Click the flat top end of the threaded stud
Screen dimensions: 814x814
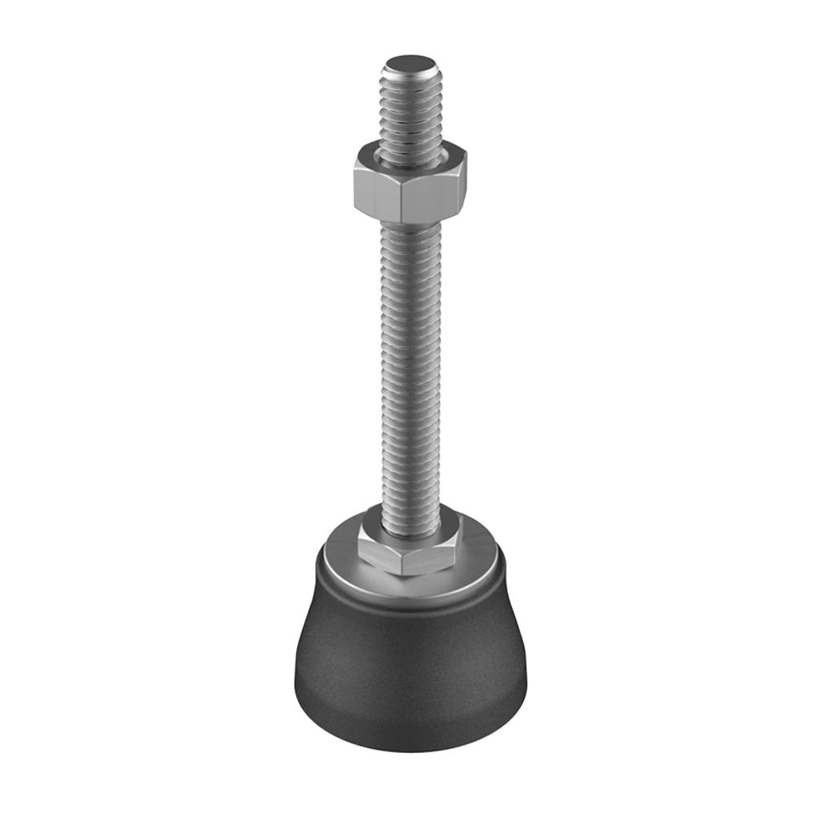[x=410, y=63]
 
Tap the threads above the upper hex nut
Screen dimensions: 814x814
[x=410, y=114]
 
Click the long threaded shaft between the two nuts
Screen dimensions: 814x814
[x=410, y=366]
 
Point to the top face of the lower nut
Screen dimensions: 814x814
[x=370, y=522]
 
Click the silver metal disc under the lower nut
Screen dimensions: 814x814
[x=480, y=562]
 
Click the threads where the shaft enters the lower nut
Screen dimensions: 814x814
[x=411, y=517]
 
